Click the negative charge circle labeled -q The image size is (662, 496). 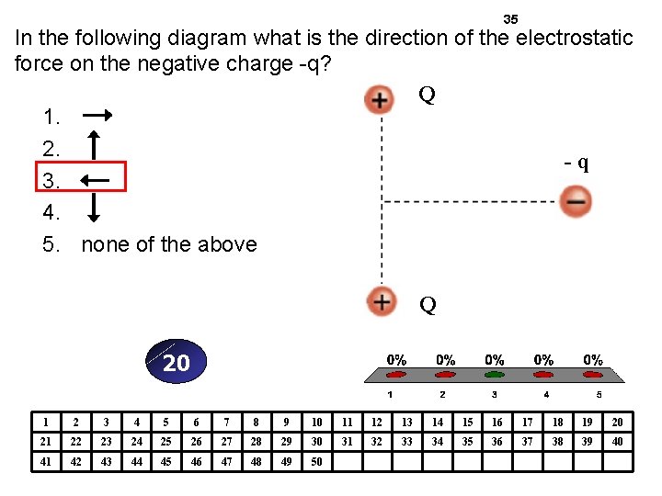pyautogui.click(x=576, y=200)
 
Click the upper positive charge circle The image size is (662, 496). pyautogui.click(x=379, y=99)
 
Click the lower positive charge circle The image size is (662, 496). pyautogui.click(x=380, y=300)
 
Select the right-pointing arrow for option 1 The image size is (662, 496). pyautogui.click(x=97, y=116)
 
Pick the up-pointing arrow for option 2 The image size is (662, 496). pyautogui.click(x=92, y=145)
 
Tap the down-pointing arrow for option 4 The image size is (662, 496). pyautogui.click(x=92, y=212)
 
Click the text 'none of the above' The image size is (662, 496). pyautogui.click(x=169, y=244)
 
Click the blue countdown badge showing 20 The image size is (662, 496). pyautogui.click(x=176, y=363)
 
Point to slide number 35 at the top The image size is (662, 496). pyautogui.click(x=511, y=19)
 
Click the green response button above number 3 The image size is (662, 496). pyautogui.click(x=495, y=375)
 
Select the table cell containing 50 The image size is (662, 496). pyautogui.click(x=316, y=462)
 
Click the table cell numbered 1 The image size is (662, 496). pyautogui.click(x=45, y=422)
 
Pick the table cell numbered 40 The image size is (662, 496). pyautogui.click(x=617, y=442)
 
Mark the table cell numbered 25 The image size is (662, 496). pyautogui.click(x=165, y=442)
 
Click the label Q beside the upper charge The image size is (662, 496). pyautogui.click(x=427, y=95)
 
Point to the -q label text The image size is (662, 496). pyautogui.click(x=576, y=163)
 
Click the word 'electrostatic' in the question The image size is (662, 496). pyautogui.click(x=575, y=39)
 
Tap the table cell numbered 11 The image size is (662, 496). pyautogui.click(x=347, y=422)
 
